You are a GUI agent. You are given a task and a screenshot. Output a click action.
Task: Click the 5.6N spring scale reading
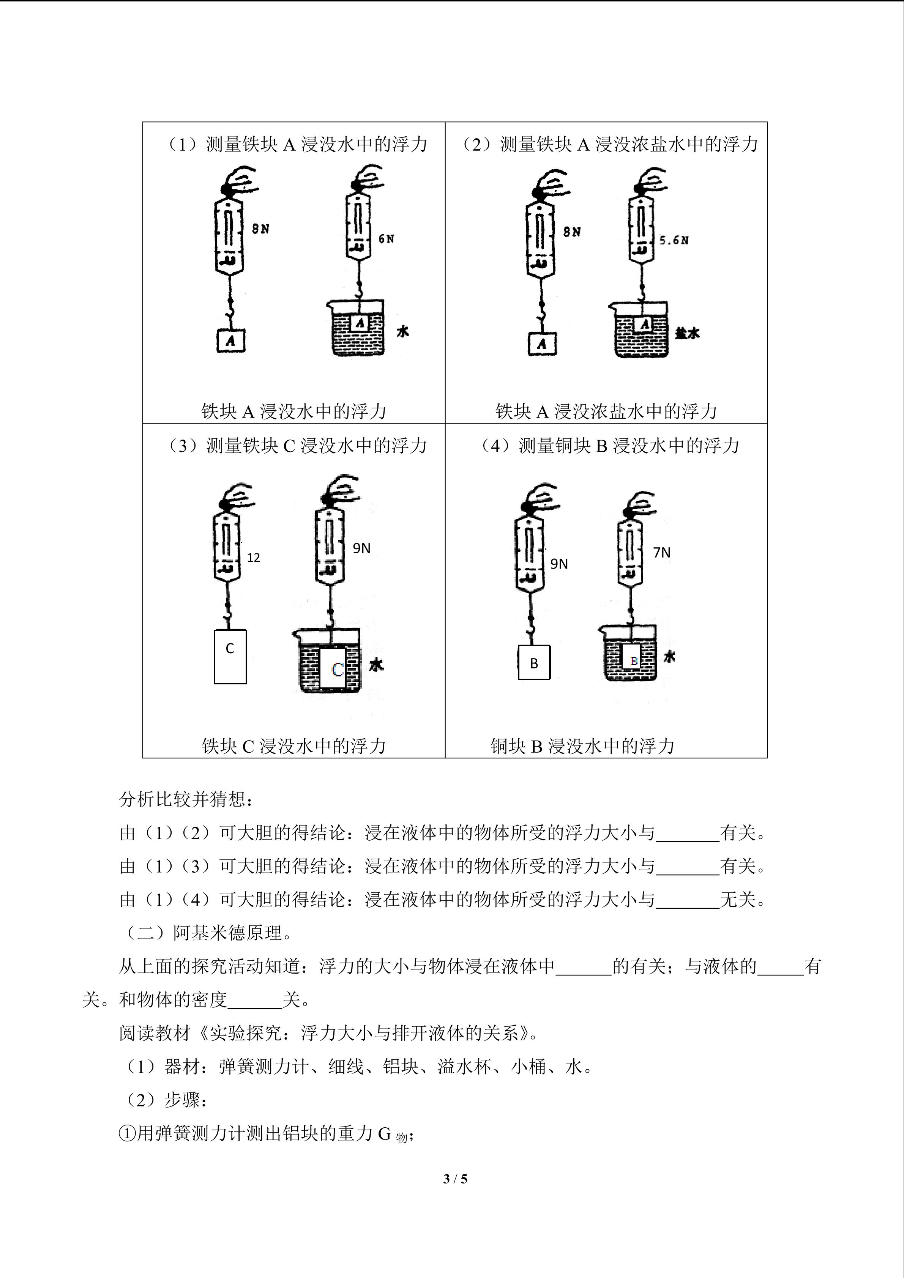click(x=674, y=241)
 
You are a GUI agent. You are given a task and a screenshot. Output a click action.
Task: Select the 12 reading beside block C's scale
click(x=253, y=558)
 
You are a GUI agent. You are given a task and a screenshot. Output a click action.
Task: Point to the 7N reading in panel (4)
click(x=661, y=553)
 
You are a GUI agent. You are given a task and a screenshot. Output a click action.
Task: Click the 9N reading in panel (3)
click(x=361, y=548)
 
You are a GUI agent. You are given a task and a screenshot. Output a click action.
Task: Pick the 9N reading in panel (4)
click(x=559, y=564)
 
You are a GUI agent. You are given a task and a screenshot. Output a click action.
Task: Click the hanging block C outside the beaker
click(x=230, y=656)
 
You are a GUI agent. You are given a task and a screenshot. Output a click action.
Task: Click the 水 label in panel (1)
click(x=402, y=332)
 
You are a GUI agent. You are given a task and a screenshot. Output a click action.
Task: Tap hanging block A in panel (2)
click(x=542, y=344)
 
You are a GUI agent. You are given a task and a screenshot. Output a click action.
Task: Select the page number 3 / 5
click(x=455, y=1179)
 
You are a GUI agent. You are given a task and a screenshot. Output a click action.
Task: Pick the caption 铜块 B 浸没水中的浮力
click(x=582, y=746)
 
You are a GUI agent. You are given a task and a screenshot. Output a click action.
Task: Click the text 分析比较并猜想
click(x=186, y=800)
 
